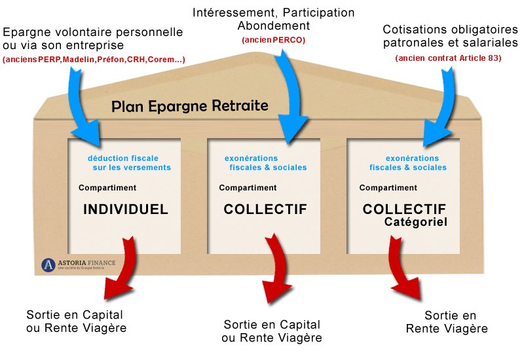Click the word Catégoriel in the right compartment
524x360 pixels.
click(x=416, y=223)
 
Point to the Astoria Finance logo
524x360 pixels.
click(x=78, y=265)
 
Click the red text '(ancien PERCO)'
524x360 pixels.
click(x=273, y=40)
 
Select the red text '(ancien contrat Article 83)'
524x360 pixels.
click(x=448, y=58)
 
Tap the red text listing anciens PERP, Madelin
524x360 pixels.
click(x=94, y=60)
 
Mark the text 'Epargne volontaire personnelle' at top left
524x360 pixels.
click(x=92, y=32)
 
